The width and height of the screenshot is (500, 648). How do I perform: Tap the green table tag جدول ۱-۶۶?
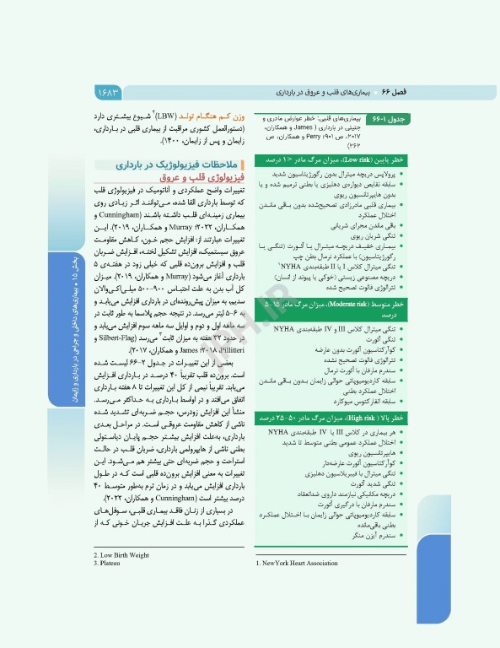pyautogui.click(x=412, y=120)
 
